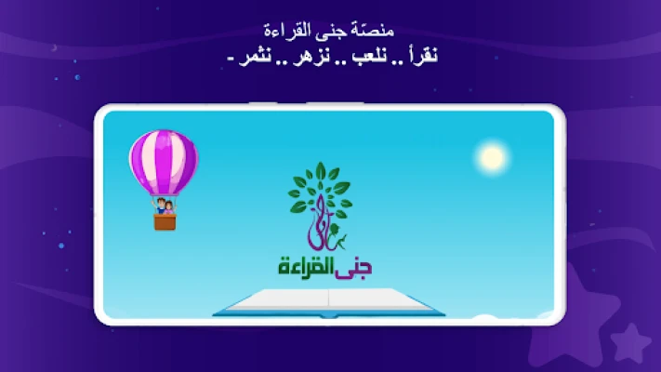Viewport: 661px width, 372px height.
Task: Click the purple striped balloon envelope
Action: coord(164,163)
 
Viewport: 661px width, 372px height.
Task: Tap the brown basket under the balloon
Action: coord(165,222)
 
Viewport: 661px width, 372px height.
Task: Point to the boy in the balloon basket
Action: coord(160,206)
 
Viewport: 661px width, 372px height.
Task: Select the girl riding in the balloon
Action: coord(169,207)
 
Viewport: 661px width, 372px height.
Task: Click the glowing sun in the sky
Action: coord(492,157)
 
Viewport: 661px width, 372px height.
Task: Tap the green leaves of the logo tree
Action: coord(321,188)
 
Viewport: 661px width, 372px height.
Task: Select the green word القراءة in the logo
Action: coord(306,267)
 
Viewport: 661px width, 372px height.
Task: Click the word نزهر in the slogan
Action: coord(312,57)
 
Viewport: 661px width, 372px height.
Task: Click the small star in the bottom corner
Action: coord(630,342)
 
